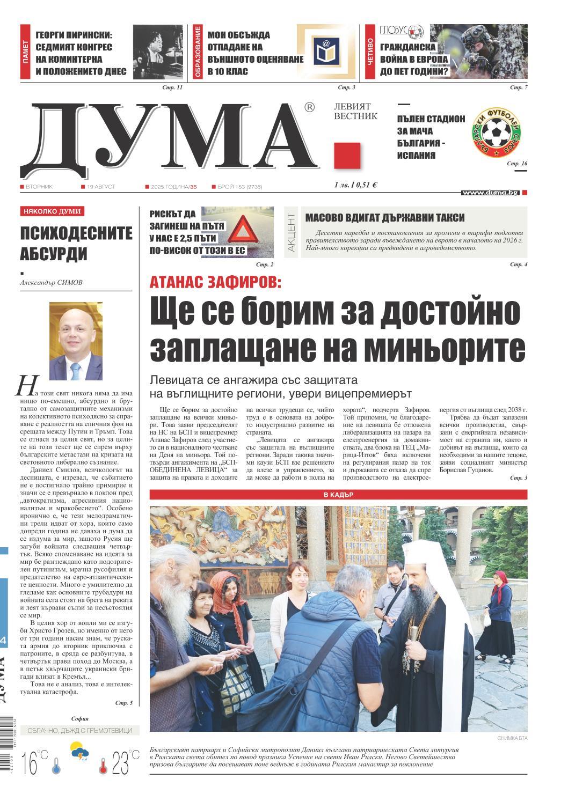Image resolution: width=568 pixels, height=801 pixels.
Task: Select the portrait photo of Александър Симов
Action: (x=76, y=341)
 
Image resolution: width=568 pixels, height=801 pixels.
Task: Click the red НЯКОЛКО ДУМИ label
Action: (x=52, y=211)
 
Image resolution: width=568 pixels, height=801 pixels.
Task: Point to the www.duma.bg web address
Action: (x=490, y=192)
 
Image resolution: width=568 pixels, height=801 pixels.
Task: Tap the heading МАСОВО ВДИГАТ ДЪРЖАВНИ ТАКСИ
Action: (x=385, y=218)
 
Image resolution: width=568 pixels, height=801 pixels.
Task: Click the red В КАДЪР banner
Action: (x=338, y=494)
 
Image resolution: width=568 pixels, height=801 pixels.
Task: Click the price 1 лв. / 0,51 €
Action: (x=355, y=185)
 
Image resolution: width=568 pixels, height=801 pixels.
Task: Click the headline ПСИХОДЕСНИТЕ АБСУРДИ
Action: (x=76, y=242)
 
